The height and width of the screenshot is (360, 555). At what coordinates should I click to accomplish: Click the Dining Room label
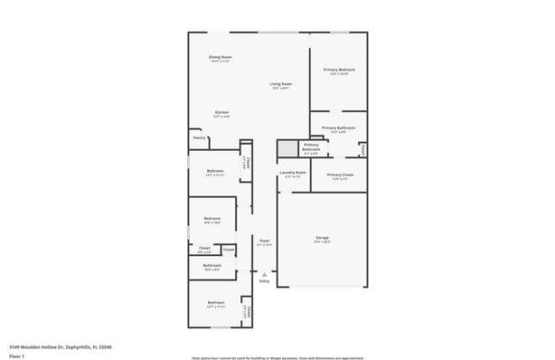point(220,57)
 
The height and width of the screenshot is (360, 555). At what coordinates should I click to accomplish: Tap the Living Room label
point(281,84)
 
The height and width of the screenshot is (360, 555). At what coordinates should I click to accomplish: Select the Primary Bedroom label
point(339,69)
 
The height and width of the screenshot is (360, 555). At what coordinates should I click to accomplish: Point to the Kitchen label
point(221,113)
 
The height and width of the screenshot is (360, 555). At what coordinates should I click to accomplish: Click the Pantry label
point(199,137)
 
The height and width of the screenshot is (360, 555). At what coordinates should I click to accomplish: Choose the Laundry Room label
point(292,173)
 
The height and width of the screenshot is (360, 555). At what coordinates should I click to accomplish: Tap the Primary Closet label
point(340,175)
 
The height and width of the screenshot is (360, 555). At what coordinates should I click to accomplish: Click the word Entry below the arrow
point(264,281)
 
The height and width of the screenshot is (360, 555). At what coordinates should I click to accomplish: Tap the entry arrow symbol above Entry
point(264,273)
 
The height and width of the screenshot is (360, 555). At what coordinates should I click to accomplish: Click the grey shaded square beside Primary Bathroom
point(286,148)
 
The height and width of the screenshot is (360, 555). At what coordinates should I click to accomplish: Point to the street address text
point(61,347)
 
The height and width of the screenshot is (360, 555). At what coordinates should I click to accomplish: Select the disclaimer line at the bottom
point(277,357)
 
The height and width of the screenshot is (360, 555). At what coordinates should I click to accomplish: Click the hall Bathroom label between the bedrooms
point(212,265)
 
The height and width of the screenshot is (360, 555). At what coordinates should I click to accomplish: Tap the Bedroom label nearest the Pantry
point(215,171)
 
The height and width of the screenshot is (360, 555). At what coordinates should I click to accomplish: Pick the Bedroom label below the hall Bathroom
point(215,304)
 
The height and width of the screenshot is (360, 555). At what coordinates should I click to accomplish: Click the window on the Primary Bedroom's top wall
point(339,33)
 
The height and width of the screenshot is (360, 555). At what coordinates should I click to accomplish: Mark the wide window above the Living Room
point(274,33)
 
